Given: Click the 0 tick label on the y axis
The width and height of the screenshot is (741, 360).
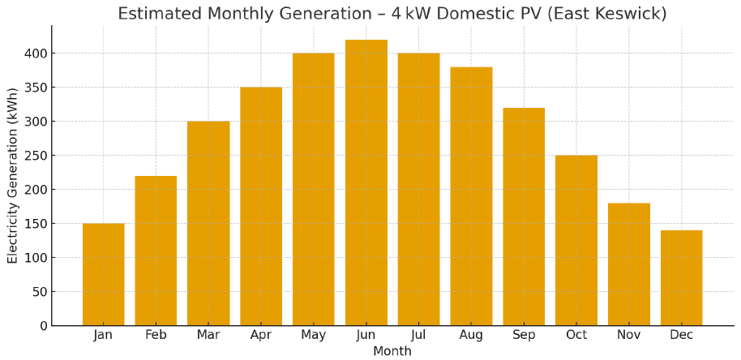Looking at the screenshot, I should pyautogui.click(x=41, y=326).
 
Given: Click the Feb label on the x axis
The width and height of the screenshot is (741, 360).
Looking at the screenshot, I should pyautogui.click(x=156, y=336).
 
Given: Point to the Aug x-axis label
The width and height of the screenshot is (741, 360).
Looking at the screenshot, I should pyautogui.click(x=471, y=336).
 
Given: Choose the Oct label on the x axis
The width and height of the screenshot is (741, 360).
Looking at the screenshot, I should pyautogui.click(x=576, y=336).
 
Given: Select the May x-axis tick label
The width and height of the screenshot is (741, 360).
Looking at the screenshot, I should pyautogui.click(x=313, y=336).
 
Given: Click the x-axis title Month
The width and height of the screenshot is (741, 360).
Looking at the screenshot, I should pyautogui.click(x=392, y=351).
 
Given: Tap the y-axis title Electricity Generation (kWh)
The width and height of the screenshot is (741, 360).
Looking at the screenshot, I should pyautogui.click(x=13, y=175).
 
